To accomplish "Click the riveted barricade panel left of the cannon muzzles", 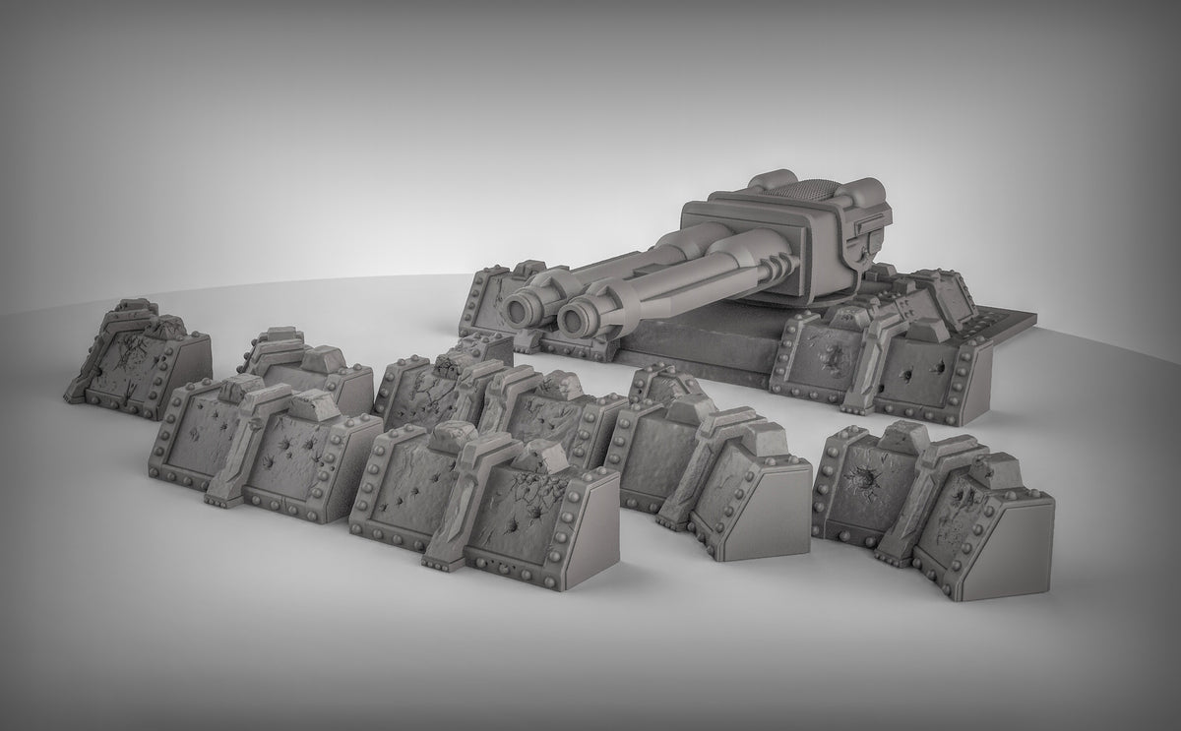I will pos(492,300).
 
